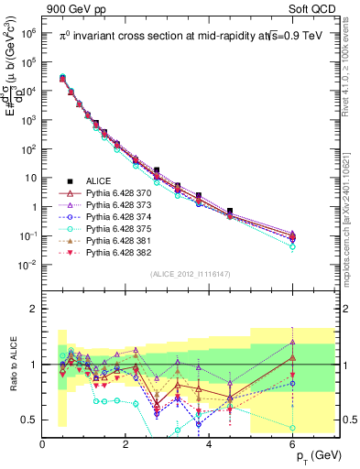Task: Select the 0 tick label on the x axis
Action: (43, 445)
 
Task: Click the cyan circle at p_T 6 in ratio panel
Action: (292, 428)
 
